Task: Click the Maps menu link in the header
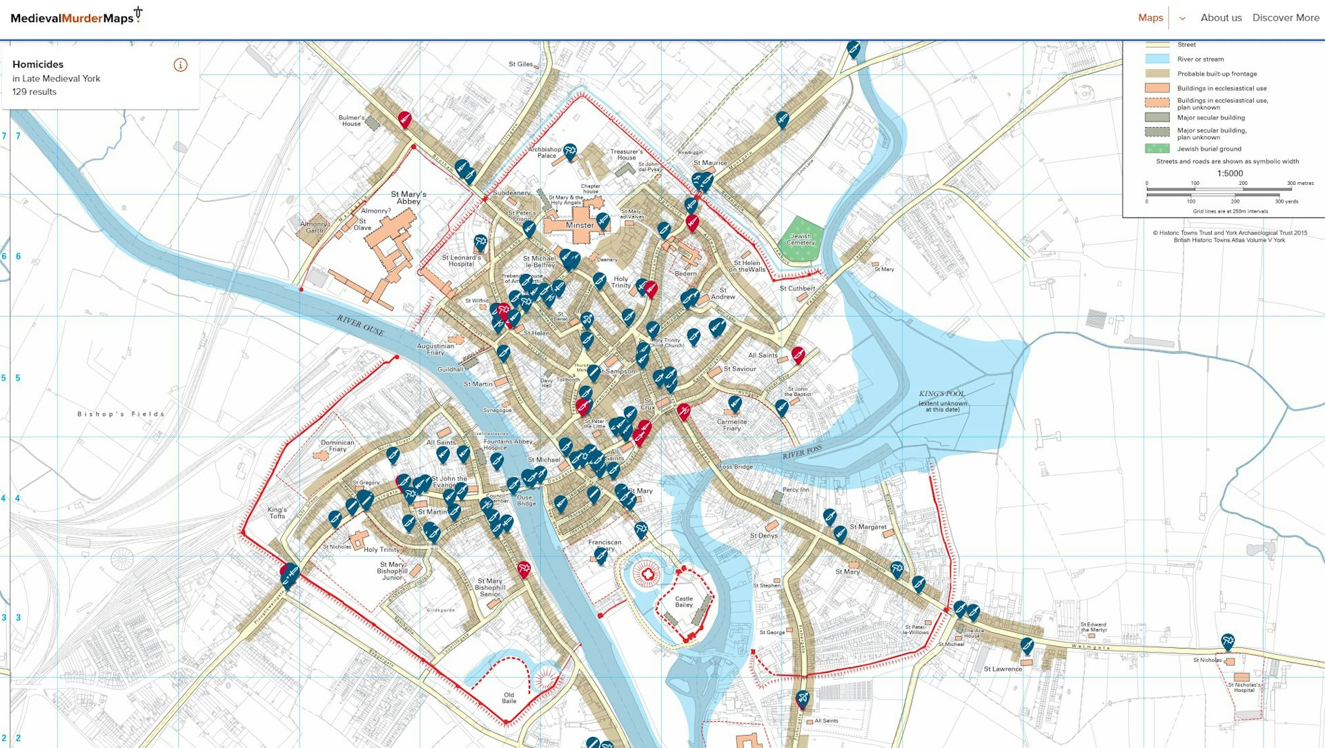click(x=1150, y=18)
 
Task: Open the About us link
click(x=1221, y=18)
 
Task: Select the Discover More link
click(x=1286, y=18)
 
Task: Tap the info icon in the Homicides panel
click(x=181, y=65)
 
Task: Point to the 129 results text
click(x=35, y=92)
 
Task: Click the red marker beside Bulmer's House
click(x=405, y=119)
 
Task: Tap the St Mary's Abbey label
click(x=409, y=198)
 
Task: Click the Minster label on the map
click(x=580, y=226)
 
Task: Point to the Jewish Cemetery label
click(x=801, y=239)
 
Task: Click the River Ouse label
click(x=360, y=325)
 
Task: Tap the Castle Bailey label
click(x=684, y=602)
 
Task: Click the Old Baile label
click(x=509, y=698)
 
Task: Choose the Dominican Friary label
click(x=337, y=446)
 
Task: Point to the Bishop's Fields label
click(x=121, y=414)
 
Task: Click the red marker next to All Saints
click(x=798, y=355)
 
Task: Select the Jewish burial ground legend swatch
click(x=1157, y=148)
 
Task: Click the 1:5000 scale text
click(x=1230, y=174)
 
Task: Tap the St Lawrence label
click(x=1003, y=669)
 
